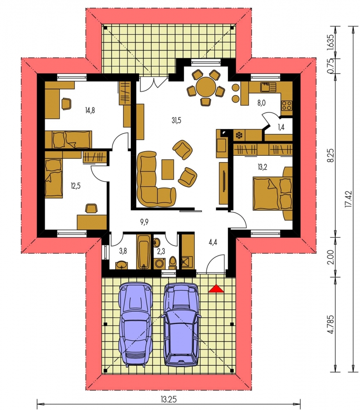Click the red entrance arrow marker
point(216,288)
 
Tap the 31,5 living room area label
point(176,120)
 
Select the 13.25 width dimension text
point(169,399)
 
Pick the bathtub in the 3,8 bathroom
point(144,251)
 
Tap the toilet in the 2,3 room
point(173,262)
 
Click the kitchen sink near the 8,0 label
point(268,87)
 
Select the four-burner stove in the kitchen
point(287,106)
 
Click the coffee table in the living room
point(168,169)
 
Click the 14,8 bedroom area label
point(90,110)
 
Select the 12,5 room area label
point(76,186)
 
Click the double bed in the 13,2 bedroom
point(273,194)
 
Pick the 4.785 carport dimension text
point(331,324)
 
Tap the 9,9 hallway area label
point(144,222)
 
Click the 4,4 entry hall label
point(213,242)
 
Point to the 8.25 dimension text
point(331,156)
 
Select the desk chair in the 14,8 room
point(66,103)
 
